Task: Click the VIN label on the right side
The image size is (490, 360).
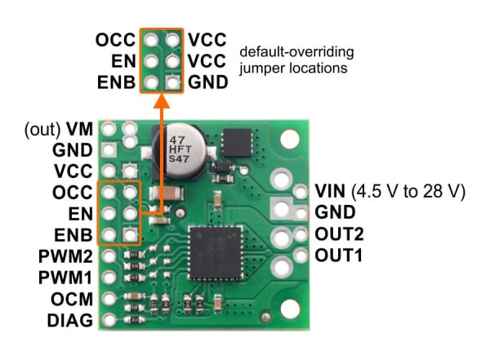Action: pos(331,192)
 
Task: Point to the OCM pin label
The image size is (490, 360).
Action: pos(73,299)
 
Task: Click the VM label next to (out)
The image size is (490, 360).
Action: pos(79,128)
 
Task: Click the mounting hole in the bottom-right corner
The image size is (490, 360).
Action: pos(291,308)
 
